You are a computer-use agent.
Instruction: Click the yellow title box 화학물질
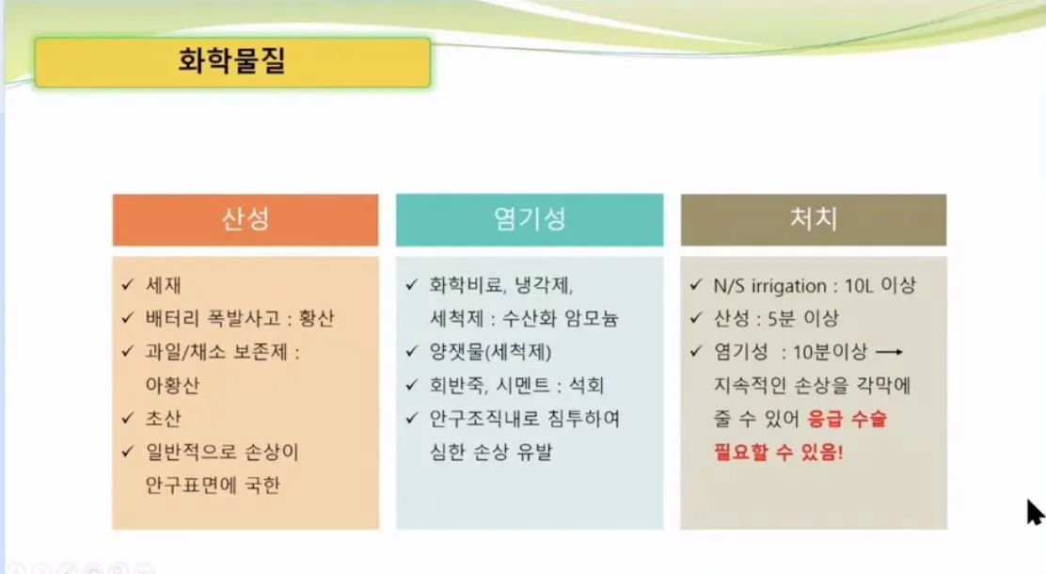click(232, 63)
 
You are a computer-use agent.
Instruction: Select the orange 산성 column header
click(246, 219)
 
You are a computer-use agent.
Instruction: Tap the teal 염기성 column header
click(530, 219)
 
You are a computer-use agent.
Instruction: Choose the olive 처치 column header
click(813, 219)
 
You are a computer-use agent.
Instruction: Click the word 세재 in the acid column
click(164, 286)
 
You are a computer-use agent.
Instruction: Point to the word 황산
click(316, 318)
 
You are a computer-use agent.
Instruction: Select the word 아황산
click(172, 385)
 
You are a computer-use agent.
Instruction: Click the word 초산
click(164, 419)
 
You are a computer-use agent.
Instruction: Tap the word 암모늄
click(592, 318)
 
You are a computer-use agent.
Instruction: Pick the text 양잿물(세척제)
click(491, 353)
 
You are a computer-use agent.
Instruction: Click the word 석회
click(586, 385)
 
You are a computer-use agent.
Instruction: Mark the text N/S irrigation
click(769, 286)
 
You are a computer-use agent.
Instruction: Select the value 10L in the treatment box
click(859, 286)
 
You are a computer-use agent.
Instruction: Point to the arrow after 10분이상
click(889, 352)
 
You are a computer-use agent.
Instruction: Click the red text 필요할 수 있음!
click(779, 452)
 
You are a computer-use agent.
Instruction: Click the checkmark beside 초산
click(128, 419)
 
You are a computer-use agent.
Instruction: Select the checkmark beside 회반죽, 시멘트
click(412, 385)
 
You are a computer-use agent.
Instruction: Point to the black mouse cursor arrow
click(1035, 513)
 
